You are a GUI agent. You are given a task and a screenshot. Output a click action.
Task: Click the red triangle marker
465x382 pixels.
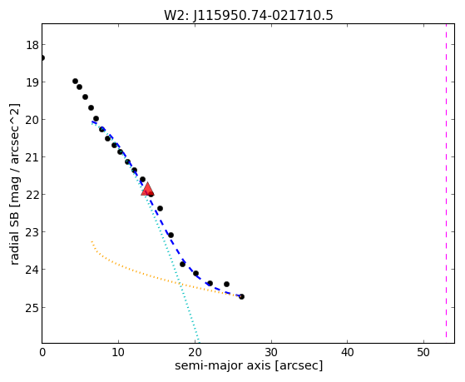[147, 189]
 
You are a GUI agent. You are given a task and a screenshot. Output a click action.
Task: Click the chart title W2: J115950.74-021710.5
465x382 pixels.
[249, 16]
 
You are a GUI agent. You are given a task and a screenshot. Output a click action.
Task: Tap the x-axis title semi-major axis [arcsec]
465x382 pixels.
[249, 365]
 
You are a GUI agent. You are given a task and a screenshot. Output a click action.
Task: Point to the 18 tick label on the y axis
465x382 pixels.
[32, 45]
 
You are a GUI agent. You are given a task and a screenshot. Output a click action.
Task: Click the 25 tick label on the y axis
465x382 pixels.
[32, 308]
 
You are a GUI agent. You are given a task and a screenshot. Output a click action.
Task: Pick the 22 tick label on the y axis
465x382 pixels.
[32, 195]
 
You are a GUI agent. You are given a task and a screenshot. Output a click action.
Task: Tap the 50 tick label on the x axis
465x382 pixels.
[423, 352]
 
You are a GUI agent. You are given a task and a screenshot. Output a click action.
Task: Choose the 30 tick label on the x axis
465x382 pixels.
[271, 352]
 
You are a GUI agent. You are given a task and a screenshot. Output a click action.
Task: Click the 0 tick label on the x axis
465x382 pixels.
[42, 352]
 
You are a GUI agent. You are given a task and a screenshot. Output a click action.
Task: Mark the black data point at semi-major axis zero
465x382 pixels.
[42, 57]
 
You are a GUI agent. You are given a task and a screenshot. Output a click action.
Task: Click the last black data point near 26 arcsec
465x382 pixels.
[241, 296]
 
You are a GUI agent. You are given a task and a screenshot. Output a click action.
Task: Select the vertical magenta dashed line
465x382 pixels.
[446, 181]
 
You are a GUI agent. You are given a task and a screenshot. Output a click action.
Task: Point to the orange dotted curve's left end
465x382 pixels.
[92, 241]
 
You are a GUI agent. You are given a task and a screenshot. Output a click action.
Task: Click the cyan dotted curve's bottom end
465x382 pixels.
[199, 343]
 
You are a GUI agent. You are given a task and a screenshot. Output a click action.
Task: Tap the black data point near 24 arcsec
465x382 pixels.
[226, 284]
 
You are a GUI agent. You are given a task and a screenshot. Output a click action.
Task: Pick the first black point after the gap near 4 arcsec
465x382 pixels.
[76, 81]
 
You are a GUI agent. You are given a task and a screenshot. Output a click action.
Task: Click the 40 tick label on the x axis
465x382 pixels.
[347, 352]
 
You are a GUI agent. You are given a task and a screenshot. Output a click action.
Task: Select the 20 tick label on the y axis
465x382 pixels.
[32, 120]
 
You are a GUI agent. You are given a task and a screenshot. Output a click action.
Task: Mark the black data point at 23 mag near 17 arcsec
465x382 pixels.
[171, 235]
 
